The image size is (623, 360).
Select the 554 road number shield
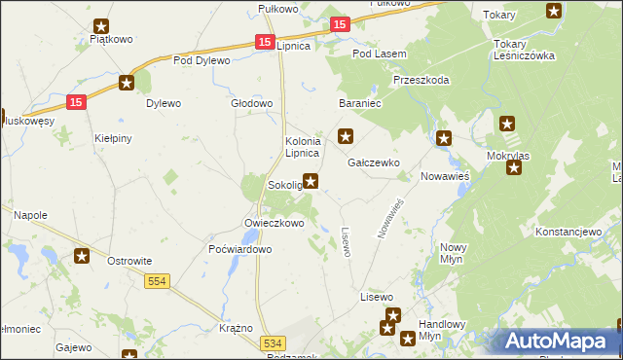[156, 281]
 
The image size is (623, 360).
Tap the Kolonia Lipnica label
[302, 147]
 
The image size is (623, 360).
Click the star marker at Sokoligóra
[311, 180]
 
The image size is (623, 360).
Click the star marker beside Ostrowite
[83, 256]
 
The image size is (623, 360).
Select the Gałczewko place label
[374, 163]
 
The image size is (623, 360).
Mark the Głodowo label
[251, 103]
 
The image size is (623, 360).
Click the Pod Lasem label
[378, 54]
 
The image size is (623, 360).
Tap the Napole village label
[30, 214]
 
